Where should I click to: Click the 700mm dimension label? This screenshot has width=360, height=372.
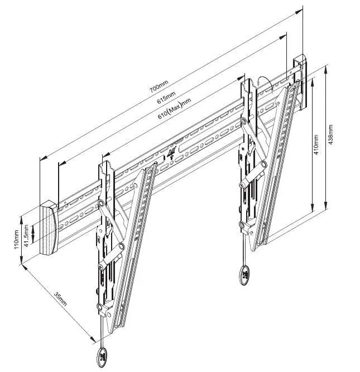pyautogui.click(x=159, y=86)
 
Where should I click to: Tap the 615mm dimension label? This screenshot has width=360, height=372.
pyautogui.click(x=166, y=97)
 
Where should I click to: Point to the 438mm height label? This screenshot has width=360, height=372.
pyautogui.click(x=330, y=134)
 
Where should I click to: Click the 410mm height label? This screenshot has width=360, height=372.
pyautogui.click(x=316, y=144)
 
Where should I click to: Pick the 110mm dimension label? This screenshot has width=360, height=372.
pyautogui.click(x=16, y=239)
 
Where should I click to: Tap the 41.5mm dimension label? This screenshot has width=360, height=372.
pyautogui.click(x=26, y=235)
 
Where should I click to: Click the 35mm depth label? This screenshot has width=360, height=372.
pyautogui.click(x=60, y=299)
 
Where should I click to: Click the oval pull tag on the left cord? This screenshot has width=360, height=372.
pyautogui.click(x=103, y=357)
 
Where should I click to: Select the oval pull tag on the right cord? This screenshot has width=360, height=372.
pyautogui.click(x=244, y=275)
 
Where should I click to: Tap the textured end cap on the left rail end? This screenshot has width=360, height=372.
pyautogui.click(x=49, y=228)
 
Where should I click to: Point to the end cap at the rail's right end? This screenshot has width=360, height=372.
pyautogui.click(x=300, y=82)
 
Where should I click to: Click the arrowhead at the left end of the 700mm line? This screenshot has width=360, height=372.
pyautogui.click(x=43, y=158)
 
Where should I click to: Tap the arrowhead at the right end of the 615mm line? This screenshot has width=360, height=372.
pyautogui.click(x=284, y=37)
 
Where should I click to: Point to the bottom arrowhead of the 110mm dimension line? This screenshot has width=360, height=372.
pyautogui.click(x=21, y=260)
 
